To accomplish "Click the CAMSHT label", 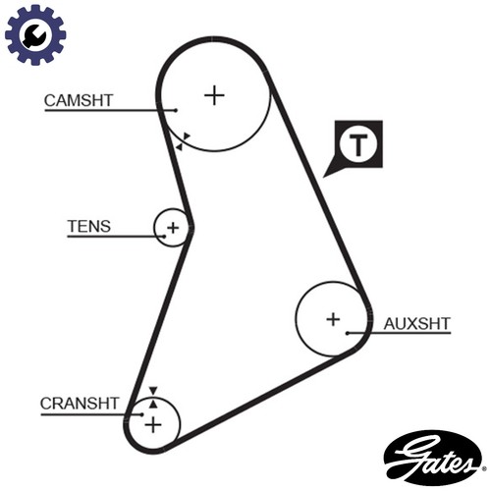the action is (x=79, y=100).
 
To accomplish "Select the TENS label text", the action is (x=89, y=226).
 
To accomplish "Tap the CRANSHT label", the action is (x=79, y=404).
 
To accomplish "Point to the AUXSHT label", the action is (x=417, y=324).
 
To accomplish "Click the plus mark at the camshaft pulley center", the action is (x=214, y=95).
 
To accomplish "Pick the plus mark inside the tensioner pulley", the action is (x=173, y=228).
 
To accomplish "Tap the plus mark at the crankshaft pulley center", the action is (x=153, y=425).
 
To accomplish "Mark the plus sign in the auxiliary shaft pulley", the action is (x=333, y=319).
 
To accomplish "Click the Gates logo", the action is (x=432, y=458).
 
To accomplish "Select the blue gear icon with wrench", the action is (x=35, y=34).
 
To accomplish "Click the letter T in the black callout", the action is (x=358, y=144).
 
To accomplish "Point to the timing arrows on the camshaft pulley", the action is (x=183, y=141).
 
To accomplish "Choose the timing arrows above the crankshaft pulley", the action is (x=153, y=397).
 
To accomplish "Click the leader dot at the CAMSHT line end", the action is (x=176, y=110).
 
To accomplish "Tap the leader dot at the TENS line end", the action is (x=164, y=236).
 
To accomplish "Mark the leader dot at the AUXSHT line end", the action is (x=348, y=333).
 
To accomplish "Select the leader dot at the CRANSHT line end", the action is (x=141, y=414).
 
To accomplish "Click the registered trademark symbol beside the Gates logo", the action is (x=484, y=468).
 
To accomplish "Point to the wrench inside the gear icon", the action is (x=34, y=35).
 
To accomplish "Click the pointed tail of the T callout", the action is (x=324, y=177).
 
